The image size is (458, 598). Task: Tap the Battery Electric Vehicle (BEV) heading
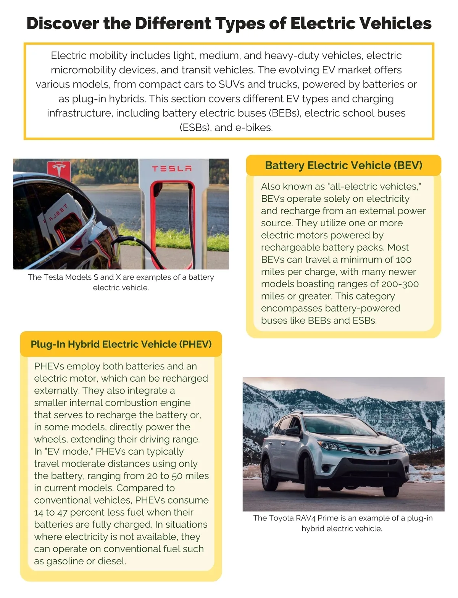343,165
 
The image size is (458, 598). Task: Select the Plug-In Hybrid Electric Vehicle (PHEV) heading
121,344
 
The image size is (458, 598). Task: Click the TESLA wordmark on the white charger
172,169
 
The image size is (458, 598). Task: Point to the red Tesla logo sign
59,170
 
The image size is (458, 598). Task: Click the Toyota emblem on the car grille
372,451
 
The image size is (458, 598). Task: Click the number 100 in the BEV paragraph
403,260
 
